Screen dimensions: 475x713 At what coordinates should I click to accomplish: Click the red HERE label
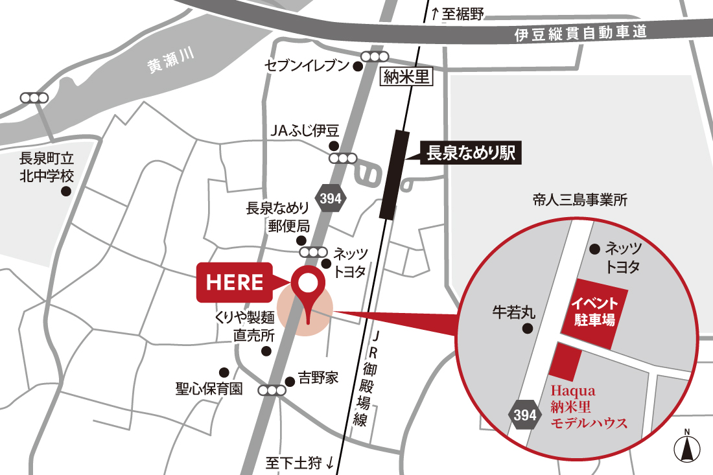[x=235, y=283]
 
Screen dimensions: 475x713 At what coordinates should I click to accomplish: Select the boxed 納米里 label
[x=406, y=78]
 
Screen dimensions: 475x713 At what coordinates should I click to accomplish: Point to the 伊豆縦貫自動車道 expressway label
[x=581, y=33]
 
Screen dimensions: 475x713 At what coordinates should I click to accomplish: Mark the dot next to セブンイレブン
[x=357, y=65]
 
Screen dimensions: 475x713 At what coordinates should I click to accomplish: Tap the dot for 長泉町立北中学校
[x=65, y=191]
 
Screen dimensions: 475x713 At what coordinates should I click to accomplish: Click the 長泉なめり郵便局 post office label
[x=277, y=217]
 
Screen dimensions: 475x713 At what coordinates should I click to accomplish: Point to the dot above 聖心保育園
[x=224, y=372]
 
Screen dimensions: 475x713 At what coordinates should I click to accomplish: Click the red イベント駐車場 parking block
[x=594, y=311]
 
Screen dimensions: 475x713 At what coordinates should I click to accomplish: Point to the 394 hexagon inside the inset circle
[x=523, y=415]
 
